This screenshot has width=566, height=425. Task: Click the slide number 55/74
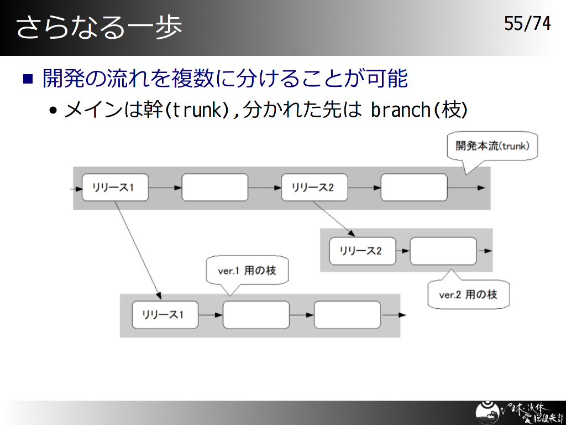point(527,24)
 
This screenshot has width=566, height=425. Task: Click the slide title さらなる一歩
point(99,27)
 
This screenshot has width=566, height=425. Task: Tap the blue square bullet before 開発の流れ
point(28,79)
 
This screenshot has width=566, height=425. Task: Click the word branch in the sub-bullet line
point(401,110)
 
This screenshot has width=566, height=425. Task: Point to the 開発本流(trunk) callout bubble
point(492,146)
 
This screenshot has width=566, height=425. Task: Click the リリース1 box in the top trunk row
point(115,188)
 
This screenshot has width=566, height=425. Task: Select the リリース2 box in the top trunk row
point(315,188)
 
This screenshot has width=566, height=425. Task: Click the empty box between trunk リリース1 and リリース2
point(215,188)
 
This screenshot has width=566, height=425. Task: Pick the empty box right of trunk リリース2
point(414,188)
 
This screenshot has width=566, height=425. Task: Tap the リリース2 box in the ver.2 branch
point(363,251)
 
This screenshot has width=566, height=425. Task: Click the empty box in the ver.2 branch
point(443,251)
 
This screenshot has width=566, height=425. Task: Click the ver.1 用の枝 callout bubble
point(247,271)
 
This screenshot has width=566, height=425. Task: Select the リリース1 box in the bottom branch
point(165,315)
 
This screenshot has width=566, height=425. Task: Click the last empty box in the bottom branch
point(347,315)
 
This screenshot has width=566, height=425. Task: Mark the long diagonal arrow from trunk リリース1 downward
point(138,250)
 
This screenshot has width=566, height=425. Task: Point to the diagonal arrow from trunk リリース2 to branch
point(334,219)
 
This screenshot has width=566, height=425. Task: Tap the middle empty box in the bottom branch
point(256,315)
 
